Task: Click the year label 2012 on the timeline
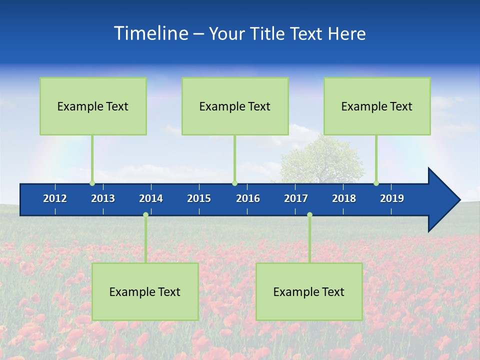pos(55,198)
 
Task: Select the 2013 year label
pos(103,198)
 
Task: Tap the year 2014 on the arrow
pos(151,198)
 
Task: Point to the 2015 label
pos(199,198)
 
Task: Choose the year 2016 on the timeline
pos(248,198)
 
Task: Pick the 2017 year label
pos(296,198)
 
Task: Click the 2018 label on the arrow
pos(344,198)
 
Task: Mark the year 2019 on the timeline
pos(392,198)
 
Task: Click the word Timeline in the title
pos(150,33)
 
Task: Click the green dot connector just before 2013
pos(92,183)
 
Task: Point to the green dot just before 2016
pos(234,183)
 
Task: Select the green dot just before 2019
pos(376,183)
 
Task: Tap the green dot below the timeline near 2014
pos(145,214)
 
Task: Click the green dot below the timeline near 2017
pos(309,214)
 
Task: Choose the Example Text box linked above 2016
pos(235,106)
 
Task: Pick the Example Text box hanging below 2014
pos(145,291)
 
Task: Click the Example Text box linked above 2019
pos(377,106)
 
